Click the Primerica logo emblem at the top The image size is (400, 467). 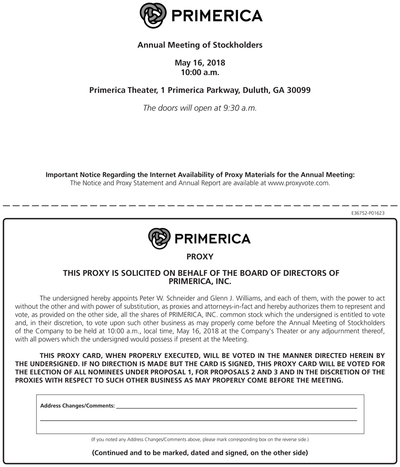(153, 16)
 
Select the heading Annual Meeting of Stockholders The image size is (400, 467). (200, 45)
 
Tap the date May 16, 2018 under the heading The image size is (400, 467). (200, 63)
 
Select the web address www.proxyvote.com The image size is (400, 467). (299, 183)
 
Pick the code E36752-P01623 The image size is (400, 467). (367, 213)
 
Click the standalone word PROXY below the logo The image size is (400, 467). (200, 256)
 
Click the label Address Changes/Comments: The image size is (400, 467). (77, 406)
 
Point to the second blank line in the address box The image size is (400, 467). (198, 420)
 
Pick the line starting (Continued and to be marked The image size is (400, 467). (200, 452)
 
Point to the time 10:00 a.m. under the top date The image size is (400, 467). (200, 72)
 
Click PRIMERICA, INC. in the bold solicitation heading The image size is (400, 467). (200, 281)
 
